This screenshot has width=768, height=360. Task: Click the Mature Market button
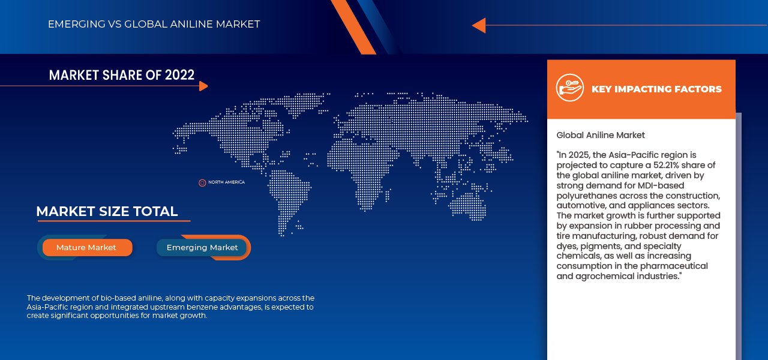[87, 248]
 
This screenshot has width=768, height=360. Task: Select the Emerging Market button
[202, 248]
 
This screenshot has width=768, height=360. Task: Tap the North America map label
[226, 182]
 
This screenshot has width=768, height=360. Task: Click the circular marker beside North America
[202, 182]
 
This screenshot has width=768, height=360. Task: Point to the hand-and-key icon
[569, 88]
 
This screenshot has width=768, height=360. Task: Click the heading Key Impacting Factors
[656, 89]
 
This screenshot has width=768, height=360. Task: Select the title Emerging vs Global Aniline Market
[154, 25]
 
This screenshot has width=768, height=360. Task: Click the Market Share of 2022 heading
[122, 75]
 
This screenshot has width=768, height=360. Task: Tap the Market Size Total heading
[107, 212]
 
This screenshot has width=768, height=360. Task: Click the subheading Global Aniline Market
[601, 136]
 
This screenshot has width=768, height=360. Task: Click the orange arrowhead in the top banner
[478, 25]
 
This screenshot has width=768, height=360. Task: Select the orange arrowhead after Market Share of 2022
[203, 86]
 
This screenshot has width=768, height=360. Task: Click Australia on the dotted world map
[467, 205]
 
